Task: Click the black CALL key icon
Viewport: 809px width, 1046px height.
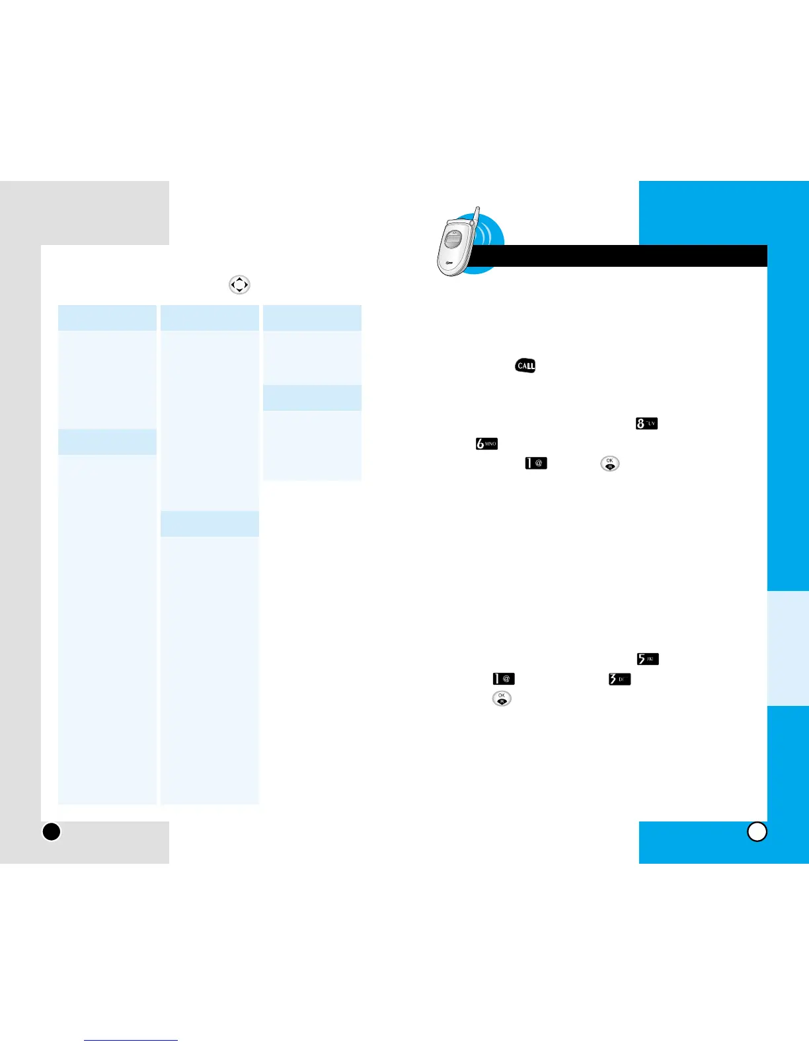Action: [525, 366]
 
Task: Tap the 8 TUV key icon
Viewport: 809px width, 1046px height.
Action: [646, 423]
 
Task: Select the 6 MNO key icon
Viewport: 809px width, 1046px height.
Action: [486, 444]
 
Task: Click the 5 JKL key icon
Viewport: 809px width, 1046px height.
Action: [647, 658]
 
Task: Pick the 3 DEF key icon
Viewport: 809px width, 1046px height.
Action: [619, 679]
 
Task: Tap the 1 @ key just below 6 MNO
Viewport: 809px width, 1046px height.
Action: [536, 463]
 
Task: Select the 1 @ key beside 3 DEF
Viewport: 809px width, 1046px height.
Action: [504, 679]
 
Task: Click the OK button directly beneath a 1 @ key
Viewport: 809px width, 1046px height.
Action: [502, 699]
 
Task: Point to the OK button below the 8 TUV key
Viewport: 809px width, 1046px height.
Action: [609, 464]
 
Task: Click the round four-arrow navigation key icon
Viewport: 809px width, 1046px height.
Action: [239, 285]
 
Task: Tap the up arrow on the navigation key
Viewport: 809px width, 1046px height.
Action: [239, 279]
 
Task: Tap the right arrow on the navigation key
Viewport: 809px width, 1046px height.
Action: [246, 285]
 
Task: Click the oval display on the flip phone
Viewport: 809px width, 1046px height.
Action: [453, 240]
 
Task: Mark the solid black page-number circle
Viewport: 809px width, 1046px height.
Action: [52, 831]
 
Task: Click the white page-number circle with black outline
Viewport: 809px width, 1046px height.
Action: [757, 831]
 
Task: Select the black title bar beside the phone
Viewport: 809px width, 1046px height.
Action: [621, 256]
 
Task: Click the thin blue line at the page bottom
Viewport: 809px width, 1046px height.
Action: [131, 1040]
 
